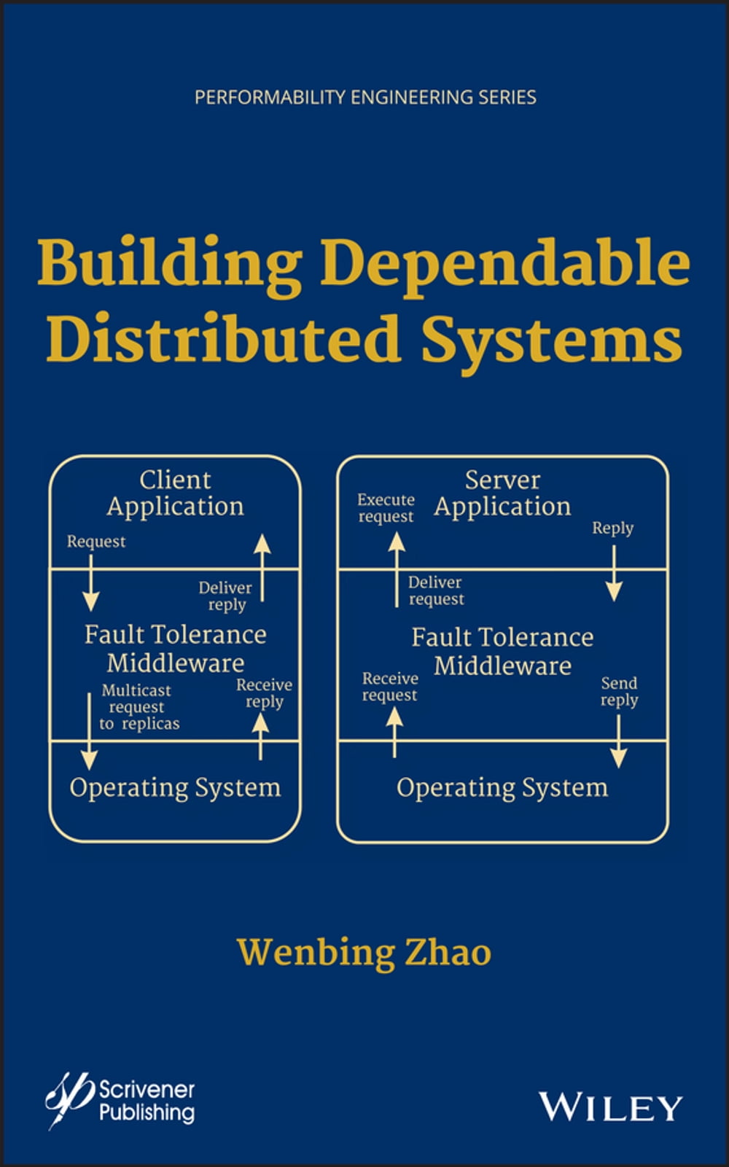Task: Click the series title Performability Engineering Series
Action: (x=365, y=97)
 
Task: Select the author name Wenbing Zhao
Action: (x=364, y=952)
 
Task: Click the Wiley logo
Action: (x=610, y=1107)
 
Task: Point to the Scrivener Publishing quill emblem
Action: (x=69, y=1097)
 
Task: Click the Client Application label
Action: (x=175, y=493)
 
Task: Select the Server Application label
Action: (x=502, y=493)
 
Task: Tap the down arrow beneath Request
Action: (x=90, y=582)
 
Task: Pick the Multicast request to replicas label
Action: (x=139, y=706)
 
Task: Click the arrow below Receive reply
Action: (x=260, y=736)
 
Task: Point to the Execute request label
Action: (x=386, y=507)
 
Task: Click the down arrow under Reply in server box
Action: (x=614, y=573)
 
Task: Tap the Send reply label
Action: (x=619, y=691)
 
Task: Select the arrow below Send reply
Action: (x=618, y=741)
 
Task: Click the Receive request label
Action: (x=390, y=686)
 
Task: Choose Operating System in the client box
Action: (x=175, y=787)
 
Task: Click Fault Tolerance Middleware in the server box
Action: (x=502, y=651)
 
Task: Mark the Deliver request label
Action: (x=435, y=590)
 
